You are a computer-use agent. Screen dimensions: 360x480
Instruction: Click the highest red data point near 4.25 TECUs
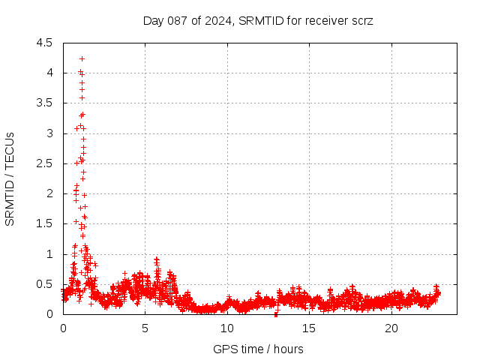(82, 58)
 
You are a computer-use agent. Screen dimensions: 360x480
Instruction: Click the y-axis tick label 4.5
(44, 43)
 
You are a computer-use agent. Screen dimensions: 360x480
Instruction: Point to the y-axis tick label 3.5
(44, 103)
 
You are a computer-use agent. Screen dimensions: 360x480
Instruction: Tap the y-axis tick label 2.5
(44, 163)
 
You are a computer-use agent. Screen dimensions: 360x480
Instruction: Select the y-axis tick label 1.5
(44, 223)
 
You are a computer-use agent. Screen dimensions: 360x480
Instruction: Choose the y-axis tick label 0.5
(44, 284)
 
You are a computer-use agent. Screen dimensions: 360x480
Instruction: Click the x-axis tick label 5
(145, 328)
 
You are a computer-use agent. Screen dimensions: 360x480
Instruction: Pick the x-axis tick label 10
(227, 328)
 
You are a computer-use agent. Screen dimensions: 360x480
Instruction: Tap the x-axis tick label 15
(309, 328)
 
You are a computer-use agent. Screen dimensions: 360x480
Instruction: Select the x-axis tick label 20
(391, 328)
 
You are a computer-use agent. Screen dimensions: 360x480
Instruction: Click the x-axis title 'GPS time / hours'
(258, 349)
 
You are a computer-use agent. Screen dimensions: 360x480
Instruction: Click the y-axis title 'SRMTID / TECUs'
(10, 178)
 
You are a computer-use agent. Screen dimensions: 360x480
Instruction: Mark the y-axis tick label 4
(49, 73)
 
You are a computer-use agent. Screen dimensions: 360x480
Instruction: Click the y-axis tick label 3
(49, 133)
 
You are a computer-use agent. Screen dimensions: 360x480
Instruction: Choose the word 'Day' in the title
(154, 20)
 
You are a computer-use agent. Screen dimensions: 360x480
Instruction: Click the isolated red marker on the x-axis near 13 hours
(277, 313)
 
